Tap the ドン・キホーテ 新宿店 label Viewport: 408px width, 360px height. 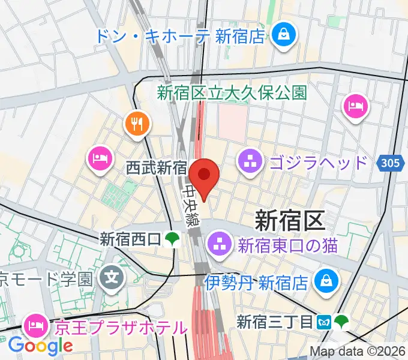point(179,36)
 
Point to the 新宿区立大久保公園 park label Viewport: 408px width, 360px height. point(232,93)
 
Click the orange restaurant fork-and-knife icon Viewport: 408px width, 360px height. point(138,124)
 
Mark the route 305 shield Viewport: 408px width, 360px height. point(389,163)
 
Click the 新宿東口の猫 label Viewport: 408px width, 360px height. point(287,245)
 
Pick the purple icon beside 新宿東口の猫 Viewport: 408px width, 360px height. point(217,245)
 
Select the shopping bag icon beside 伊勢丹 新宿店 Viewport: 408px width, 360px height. point(327,280)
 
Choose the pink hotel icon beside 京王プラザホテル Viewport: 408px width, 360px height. point(34,326)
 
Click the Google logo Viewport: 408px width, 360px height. point(40,346)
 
